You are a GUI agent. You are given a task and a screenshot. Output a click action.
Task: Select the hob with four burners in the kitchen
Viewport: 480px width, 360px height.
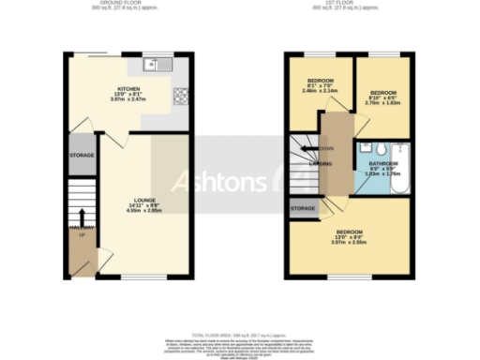[x=180, y=94]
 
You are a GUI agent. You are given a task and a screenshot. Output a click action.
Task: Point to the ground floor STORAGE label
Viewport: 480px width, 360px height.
[x=82, y=156]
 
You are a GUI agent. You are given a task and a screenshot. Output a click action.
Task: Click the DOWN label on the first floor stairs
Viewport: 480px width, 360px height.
[x=326, y=148]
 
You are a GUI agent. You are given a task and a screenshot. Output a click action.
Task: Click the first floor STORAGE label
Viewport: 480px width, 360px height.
[x=303, y=208]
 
